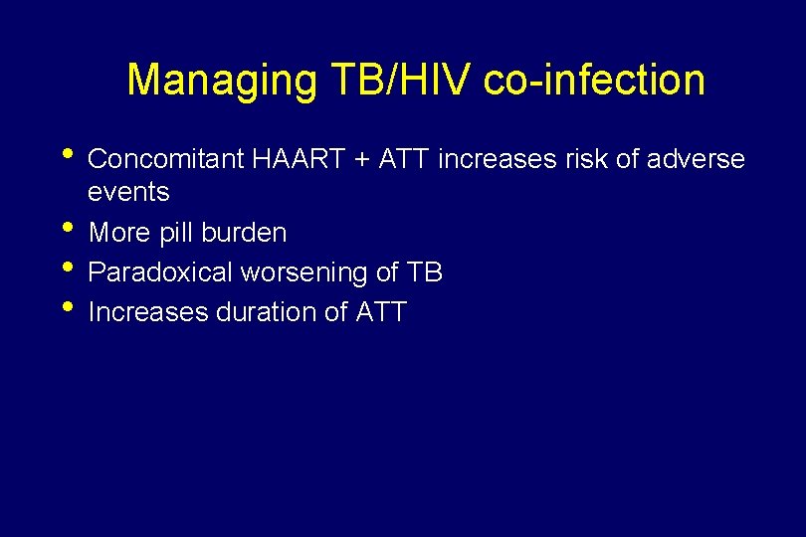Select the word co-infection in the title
tap(594, 81)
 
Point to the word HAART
tap(294, 159)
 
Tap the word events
tap(129, 191)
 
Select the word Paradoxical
tap(160, 272)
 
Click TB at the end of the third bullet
tap(424, 272)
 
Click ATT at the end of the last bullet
tap(379, 312)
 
